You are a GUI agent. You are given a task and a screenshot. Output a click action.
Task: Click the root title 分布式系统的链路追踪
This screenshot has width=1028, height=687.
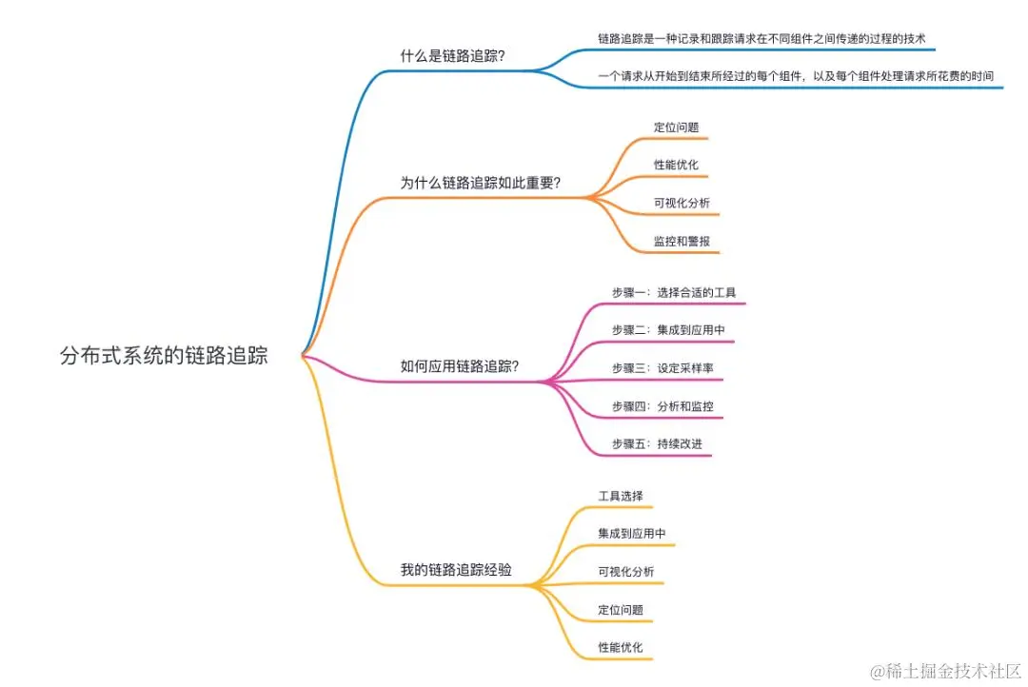point(164,357)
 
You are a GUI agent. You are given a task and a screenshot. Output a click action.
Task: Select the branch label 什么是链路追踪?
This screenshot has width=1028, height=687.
point(452,56)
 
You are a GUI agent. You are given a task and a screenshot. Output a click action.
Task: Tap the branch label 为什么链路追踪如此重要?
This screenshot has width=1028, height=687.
point(480,183)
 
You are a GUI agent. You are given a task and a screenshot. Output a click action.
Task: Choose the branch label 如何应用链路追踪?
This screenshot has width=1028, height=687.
point(459,366)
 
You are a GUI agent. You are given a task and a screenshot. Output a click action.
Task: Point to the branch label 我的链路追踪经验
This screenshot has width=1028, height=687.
point(456,569)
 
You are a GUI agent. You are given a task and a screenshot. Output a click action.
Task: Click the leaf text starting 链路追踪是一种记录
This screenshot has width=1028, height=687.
point(761,38)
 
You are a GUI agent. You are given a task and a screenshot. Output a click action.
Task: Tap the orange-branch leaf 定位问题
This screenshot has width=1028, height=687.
point(676,127)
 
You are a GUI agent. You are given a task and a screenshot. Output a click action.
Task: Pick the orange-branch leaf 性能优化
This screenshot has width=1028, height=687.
point(676,165)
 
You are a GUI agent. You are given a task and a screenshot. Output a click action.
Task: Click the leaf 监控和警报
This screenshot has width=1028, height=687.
point(682,241)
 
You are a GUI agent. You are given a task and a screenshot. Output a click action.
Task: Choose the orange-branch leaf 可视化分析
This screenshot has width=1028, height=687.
point(682,203)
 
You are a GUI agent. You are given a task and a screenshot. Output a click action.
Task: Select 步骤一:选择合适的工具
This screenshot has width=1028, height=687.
point(674,292)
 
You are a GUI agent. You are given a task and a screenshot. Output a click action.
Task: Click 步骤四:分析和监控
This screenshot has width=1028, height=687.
point(662,406)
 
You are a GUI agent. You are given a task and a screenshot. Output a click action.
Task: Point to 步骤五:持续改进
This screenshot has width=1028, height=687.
point(657,444)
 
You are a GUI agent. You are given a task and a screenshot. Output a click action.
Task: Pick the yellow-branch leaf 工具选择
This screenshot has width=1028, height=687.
point(621,496)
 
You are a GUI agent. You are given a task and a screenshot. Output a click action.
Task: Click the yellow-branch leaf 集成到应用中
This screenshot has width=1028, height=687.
point(632,534)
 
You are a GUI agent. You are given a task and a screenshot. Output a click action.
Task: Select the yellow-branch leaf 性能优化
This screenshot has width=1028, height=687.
point(621,647)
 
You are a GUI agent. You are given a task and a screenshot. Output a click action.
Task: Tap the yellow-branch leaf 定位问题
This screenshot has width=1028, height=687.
point(621,610)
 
